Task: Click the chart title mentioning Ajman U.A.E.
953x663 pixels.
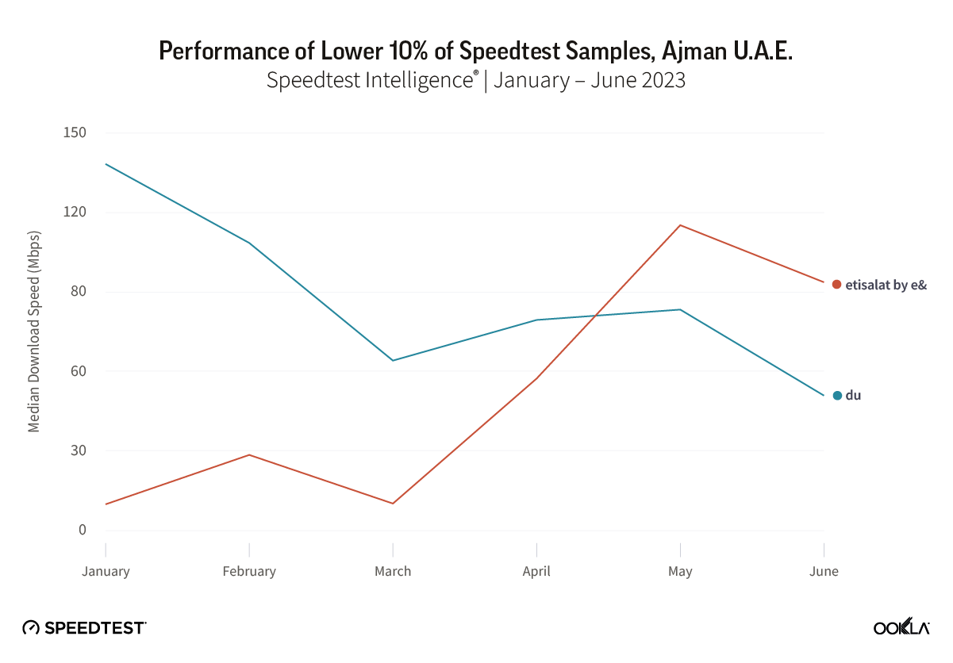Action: pyautogui.click(x=476, y=51)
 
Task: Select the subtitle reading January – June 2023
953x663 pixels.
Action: pyautogui.click(x=476, y=80)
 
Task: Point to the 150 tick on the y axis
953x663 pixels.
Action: pyautogui.click(x=75, y=132)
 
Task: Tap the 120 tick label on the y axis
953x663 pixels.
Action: pyautogui.click(x=75, y=213)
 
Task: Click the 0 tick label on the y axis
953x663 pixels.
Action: pyautogui.click(x=82, y=530)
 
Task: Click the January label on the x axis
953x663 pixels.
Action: pyautogui.click(x=106, y=571)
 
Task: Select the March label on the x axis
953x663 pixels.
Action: pyautogui.click(x=393, y=571)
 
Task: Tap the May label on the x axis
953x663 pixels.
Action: pyautogui.click(x=680, y=571)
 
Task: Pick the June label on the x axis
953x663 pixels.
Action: pyautogui.click(x=824, y=571)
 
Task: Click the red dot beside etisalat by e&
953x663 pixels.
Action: pyautogui.click(x=836, y=284)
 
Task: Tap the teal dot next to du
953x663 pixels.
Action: pyautogui.click(x=836, y=395)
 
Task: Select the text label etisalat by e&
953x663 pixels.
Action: pyautogui.click(x=886, y=285)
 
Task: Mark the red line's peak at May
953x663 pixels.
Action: pyautogui.click(x=680, y=225)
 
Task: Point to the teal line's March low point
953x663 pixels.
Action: pyautogui.click(x=393, y=360)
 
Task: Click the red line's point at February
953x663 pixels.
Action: pyautogui.click(x=249, y=454)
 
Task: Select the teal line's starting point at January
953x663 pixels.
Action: pyautogui.click(x=106, y=164)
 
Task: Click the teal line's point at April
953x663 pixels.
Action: pyautogui.click(x=536, y=320)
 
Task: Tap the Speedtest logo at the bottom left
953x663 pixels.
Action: pyautogui.click(x=84, y=627)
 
